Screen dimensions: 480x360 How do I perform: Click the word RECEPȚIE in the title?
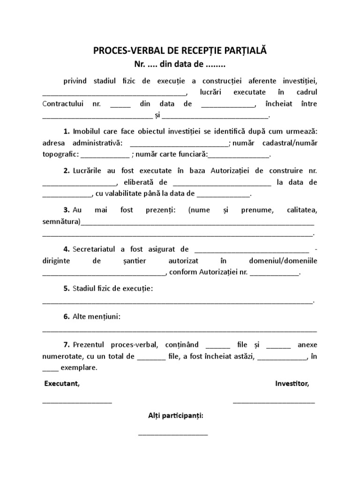coord(211,50)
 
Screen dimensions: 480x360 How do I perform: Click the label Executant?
coord(62,384)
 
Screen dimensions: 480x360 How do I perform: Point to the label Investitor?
coord(292,384)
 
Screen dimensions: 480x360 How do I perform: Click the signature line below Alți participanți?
coord(173,434)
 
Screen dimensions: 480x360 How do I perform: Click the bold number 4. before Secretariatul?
coord(67,248)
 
